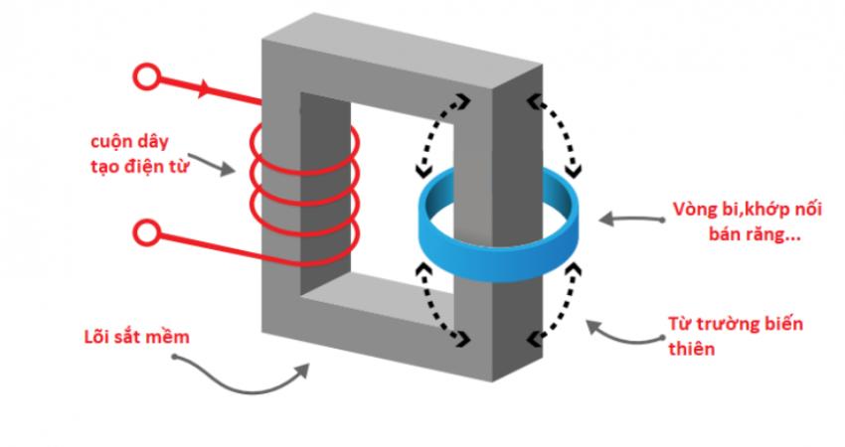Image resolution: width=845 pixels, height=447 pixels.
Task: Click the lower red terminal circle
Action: click(x=146, y=234)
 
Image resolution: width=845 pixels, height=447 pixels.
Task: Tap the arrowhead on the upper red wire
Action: click(x=206, y=89)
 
